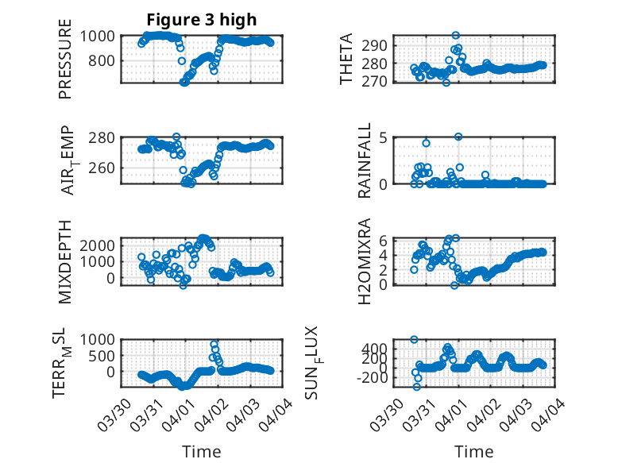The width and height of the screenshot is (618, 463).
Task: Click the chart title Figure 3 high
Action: click(201, 20)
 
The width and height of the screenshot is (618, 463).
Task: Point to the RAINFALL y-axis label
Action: click(364, 160)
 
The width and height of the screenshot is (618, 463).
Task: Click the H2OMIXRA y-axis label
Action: click(364, 261)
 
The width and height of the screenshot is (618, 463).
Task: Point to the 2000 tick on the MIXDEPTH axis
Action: click(101, 245)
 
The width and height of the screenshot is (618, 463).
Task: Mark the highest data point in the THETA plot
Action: click(455, 35)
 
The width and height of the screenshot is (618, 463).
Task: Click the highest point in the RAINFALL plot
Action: click(458, 137)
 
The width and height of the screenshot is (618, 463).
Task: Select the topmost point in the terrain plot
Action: click(214, 345)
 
